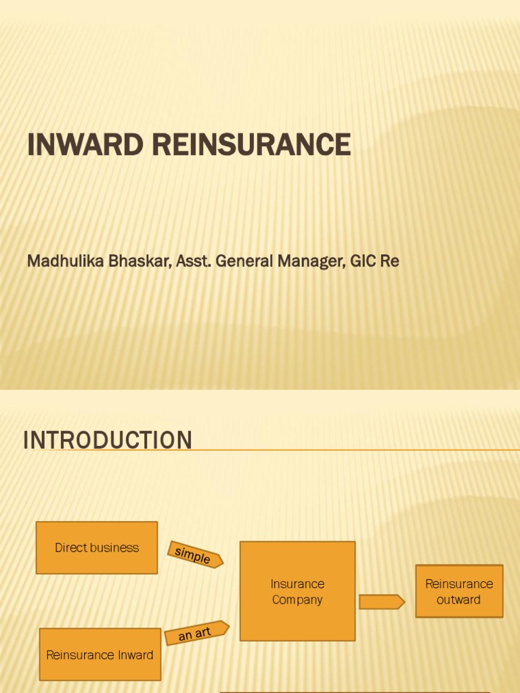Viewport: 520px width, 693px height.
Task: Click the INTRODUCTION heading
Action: point(108,440)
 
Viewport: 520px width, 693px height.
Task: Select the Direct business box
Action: point(97,547)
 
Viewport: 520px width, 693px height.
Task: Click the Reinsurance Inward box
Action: point(100,654)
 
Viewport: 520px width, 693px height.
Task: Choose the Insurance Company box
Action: point(297,591)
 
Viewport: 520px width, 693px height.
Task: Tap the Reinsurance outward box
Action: point(459,591)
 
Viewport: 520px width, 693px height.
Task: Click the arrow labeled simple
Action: point(194,555)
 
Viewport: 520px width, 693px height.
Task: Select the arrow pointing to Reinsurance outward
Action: point(381,602)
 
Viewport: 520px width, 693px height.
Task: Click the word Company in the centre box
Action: point(297,600)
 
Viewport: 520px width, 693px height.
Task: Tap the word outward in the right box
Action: point(459,600)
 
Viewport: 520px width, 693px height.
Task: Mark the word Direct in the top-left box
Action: point(71,547)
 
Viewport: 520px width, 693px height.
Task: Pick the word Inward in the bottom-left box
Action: point(135,655)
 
